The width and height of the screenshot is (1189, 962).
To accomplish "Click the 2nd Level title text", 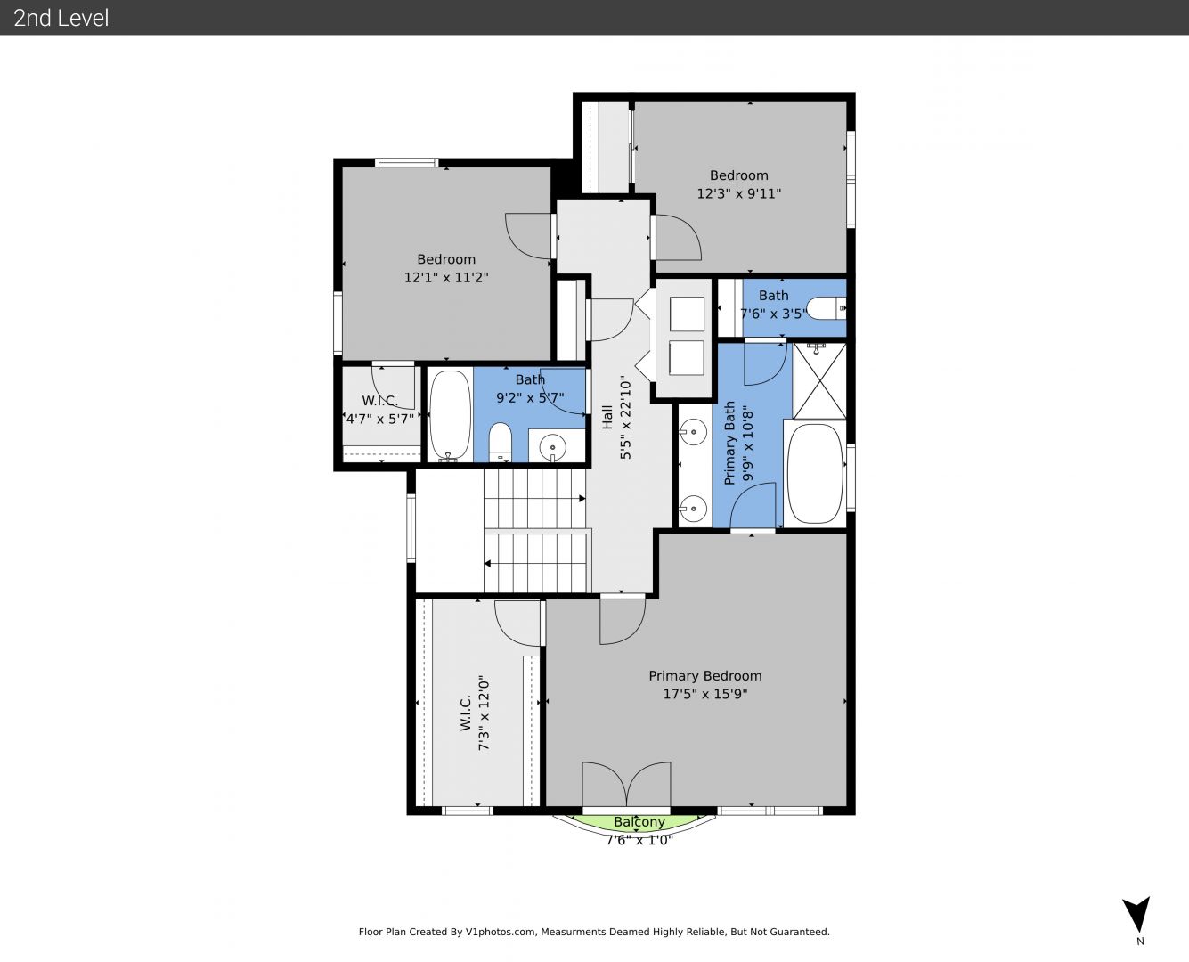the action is pyautogui.click(x=61, y=18).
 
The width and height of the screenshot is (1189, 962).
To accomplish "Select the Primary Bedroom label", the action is pyautogui.click(x=705, y=675).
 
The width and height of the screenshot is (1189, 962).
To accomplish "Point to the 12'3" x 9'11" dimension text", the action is pyautogui.click(x=738, y=194).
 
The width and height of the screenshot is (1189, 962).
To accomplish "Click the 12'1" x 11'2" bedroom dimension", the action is pyautogui.click(x=446, y=278).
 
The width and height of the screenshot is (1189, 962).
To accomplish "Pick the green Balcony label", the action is pyautogui.click(x=639, y=822).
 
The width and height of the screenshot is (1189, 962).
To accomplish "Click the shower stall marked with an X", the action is pyautogui.click(x=819, y=380).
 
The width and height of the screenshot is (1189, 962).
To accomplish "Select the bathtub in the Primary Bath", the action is pyautogui.click(x=815, y=474).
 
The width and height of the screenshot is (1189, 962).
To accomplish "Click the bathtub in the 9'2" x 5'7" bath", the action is pyautogui.click(x=451, y=416).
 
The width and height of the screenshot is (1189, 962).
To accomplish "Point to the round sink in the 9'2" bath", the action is pyautogui.click(x=552, y=447).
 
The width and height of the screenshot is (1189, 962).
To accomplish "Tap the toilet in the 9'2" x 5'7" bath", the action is pyautogui.click(x=501, y=442).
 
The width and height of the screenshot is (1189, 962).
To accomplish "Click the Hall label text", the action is pyautogui.click(x=607, y=417).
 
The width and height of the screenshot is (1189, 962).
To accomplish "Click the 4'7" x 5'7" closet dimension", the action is pyautogui.click(x=380, y=419).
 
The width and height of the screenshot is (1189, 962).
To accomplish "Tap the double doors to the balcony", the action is pyautogui.click(x=626, y=785).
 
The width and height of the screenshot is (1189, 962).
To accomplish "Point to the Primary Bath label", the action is pyautogui.click(x=729, y=443).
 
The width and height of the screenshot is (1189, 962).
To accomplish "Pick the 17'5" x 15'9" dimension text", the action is pyautogui.click(x=705, y=694).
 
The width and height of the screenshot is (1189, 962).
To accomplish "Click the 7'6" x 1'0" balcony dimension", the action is pyautogui.click(x=639, y=840).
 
